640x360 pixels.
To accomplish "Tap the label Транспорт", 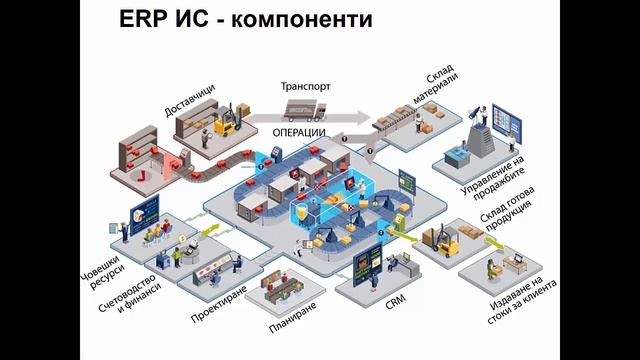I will pos(306,86).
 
